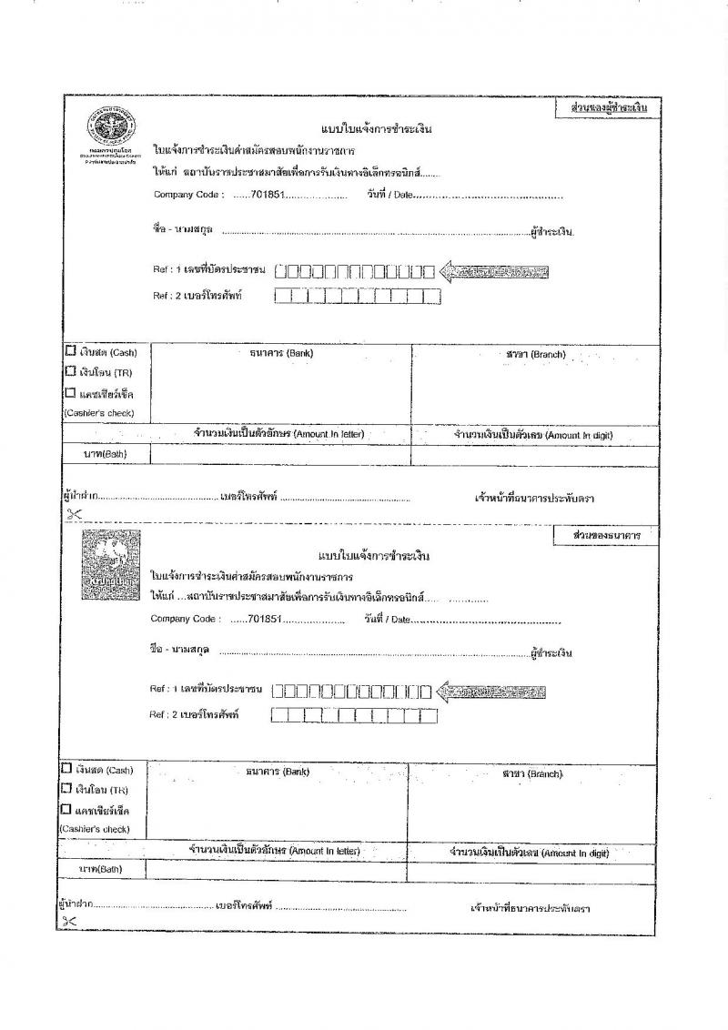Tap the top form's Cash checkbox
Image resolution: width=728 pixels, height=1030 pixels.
click(70, 352)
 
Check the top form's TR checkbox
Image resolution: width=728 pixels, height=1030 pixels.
click(70, 372)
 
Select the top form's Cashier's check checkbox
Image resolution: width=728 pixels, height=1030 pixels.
click(70, 393)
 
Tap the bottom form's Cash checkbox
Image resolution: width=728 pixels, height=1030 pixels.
click(66, 769)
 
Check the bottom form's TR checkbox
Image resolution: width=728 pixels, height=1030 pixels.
click(66, 789)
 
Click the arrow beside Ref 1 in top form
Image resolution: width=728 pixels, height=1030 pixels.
click(494, 271)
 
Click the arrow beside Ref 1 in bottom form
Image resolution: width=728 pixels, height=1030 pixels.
click(491, 692)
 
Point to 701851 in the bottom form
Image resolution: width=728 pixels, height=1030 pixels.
click(265, 620)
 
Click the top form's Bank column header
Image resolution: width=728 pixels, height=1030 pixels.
click(280, 353)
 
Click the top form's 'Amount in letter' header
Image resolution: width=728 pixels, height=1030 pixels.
click(278, 434)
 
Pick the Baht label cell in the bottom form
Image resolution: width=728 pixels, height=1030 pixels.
click(100, 869)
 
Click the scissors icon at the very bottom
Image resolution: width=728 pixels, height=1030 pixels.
click(68, 922)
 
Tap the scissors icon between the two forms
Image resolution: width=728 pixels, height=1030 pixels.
click(74, 514)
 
